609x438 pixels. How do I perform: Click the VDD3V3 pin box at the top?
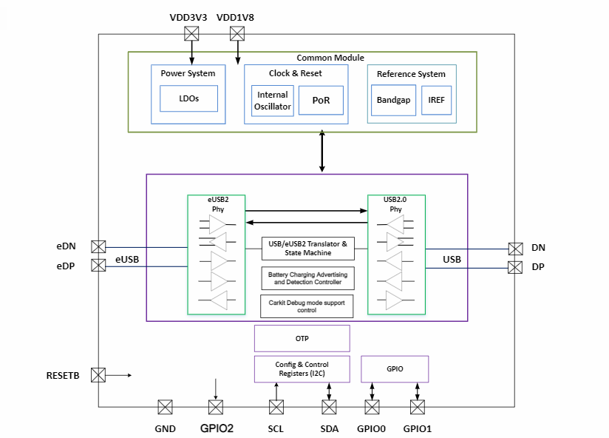pyautogui.click(x=192, y=33)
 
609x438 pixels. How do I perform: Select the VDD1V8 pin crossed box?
pyautogui.click(x=237, y=33)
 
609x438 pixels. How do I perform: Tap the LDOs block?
pyautogui.click(x=189, y=98)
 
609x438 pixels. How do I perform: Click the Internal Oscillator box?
pyautogui.click(x=273, y=101)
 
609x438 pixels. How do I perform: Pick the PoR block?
pyautogui.click(x=321, y=101)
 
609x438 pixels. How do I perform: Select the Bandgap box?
pyautogui.click(x=393, y=101)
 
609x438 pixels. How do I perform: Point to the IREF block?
pyautogui.click(x=435, y=101)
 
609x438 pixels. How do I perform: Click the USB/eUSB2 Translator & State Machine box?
pyautogui.click(x=307, y=249)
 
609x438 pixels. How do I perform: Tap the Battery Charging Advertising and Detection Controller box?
pyautogui.click(x=307, y=278)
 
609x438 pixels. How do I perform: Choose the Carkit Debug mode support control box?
pyautogui.click(x=307, y=306)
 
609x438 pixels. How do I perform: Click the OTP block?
pyautogui.click(x=302, y=339)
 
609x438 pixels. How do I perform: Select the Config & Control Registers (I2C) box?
pyautogui.click(x=302, y=369)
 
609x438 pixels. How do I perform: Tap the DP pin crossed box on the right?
pyautogui.click(x=515, y=266)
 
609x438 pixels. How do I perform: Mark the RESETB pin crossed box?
pyautogui.click(x=98, y=375)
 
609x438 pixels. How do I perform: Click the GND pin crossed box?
pyautogui.click(x=166, y=407)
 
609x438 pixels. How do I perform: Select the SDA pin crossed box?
pyautogui.click(x=329, y=407)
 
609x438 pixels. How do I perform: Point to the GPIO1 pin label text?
pyautogui.click(x=417, y=428)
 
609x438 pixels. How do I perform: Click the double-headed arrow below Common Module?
pyautogui.click(x=322, y=152)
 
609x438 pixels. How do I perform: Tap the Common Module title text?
pyautogui.click(x=330, y=58)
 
